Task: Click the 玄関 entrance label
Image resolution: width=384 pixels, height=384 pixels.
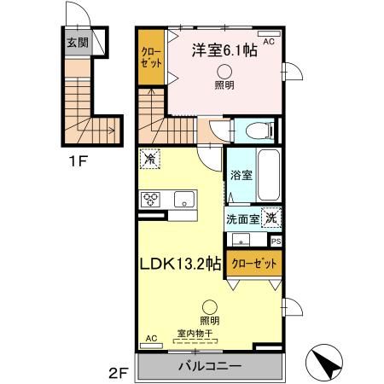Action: tap(78, 43)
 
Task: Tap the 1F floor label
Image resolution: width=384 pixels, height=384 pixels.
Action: tap(78, 161)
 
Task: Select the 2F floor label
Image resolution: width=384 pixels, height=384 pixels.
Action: tap(118, 373)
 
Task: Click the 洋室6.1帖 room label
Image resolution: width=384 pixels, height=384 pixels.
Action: tap(224, 50)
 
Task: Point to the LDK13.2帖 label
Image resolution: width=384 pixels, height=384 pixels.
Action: tap(181, 264)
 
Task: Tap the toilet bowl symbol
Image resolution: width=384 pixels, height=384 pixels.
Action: tap(259, 131)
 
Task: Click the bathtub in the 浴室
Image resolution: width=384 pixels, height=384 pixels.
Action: tap(269, 175)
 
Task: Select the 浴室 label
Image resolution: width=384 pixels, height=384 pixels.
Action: tap(241, 175)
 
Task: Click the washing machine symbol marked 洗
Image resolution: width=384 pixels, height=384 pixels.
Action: tap(271, 218)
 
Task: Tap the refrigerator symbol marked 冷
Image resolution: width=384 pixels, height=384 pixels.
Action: tap(150, 159)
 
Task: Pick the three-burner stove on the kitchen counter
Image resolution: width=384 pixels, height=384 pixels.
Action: tap(150, 199)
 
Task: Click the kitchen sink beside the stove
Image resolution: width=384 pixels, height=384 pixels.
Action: tap(184, 199)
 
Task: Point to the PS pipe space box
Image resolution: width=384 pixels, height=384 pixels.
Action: tap(276, 241)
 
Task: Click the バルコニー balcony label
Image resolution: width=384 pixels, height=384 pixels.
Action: tap(210, 366)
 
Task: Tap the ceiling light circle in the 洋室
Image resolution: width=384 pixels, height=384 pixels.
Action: tap(224, 72)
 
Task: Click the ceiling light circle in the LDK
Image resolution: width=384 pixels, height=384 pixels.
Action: tap(210, 307)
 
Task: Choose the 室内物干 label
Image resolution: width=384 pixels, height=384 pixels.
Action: tap(195, 333)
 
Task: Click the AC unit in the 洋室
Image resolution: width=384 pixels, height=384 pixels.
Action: tap(269, 34)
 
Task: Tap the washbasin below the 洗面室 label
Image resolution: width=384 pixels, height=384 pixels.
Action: tap(241, 240)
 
